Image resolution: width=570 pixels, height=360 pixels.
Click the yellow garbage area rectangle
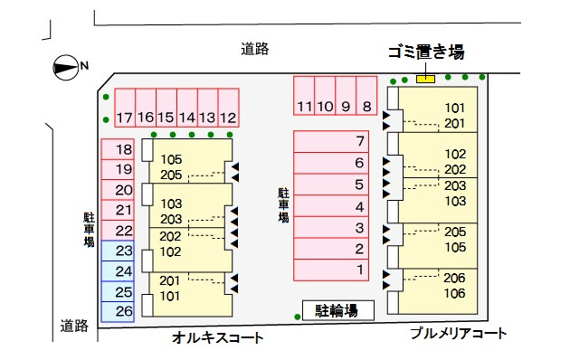point(425,79)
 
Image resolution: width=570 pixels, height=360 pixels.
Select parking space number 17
point(124,118)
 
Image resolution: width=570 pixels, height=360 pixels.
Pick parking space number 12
point(228,118)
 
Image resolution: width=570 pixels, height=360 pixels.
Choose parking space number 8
point(366,107)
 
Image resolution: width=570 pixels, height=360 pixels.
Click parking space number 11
point(304,107)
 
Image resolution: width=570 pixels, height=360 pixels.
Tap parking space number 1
point(359,269)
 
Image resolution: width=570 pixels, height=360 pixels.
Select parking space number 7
point(359,141)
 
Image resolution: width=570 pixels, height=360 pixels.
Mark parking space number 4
point(359,205)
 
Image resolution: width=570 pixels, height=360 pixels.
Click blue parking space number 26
point(124,311)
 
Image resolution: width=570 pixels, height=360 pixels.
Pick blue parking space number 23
point(124,251)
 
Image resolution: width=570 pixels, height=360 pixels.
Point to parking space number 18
point(124,150)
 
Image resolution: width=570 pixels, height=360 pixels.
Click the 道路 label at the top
point(255,49)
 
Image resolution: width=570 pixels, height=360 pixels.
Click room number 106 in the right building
point(455,293)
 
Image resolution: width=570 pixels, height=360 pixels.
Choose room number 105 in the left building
point(171,160)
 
